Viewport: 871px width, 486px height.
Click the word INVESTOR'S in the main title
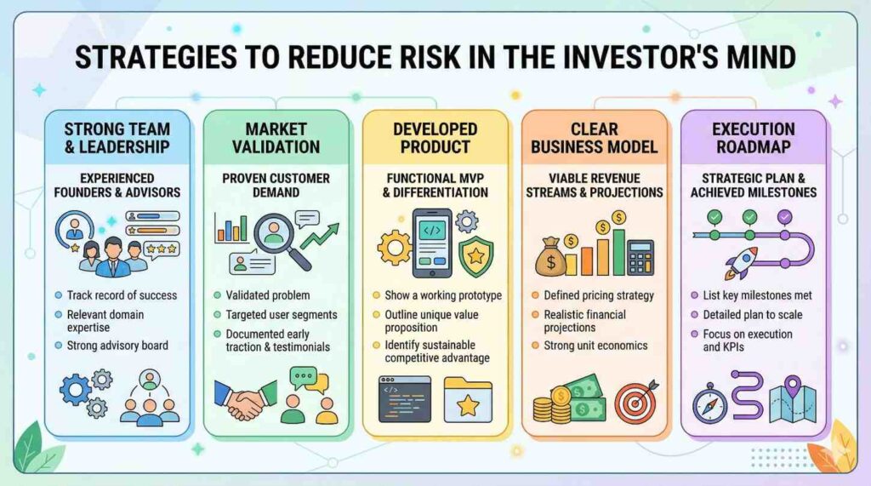611,57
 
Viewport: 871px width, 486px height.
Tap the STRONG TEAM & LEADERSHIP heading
117,138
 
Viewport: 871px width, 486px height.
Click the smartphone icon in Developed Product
432,243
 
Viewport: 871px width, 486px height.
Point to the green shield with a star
476,256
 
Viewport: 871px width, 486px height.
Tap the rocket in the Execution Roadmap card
741,263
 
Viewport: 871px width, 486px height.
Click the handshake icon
245,400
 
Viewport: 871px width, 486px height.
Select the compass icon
709,403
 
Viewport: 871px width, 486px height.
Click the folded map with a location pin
793,400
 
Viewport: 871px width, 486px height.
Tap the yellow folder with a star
468,399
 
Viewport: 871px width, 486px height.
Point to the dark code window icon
404,399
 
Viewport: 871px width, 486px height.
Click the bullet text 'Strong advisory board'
117,346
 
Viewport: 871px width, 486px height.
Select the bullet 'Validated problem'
268,295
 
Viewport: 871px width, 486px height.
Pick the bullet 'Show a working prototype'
442,295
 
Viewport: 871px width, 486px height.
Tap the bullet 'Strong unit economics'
595,346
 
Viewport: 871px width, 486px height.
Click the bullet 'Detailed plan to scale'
753,315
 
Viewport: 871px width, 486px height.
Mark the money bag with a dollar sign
550,257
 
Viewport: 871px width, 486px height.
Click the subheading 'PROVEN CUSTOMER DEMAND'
276,186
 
